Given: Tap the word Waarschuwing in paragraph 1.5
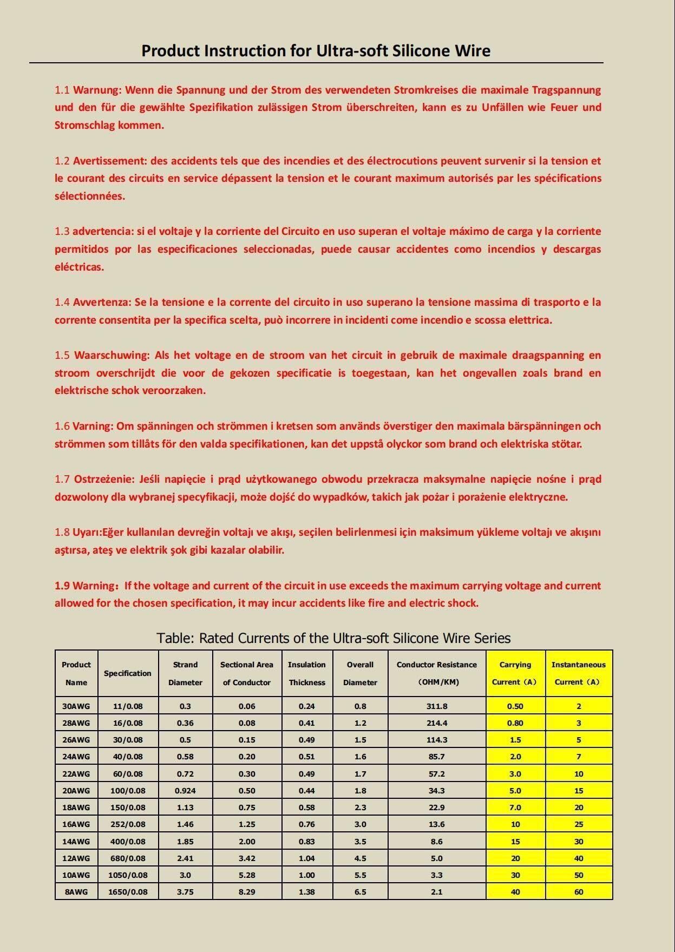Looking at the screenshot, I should coord(111,355).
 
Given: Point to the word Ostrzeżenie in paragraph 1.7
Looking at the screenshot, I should coord(104,479).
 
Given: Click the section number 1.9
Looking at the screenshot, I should coord(62,586).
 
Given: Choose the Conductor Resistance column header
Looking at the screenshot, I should coord(437,673).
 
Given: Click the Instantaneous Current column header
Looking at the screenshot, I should coord(579,673).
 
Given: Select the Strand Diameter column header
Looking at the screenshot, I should coord(185,673).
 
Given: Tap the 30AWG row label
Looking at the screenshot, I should coord(76,706).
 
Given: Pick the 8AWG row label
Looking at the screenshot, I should coord(76,891).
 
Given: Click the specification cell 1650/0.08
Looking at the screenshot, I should coord(128,891).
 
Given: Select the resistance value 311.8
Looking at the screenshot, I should coord(437,706).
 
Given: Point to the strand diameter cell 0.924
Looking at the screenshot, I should coord(185,790).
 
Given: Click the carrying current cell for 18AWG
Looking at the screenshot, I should coord(515,807).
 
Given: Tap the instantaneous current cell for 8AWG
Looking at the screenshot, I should coord(579,891).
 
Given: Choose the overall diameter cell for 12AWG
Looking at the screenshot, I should coord(360,858).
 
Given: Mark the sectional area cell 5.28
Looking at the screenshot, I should coord(247,875).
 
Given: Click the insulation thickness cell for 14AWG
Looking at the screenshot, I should coord(307,841).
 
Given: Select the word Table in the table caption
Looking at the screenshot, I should coord(174,638).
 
